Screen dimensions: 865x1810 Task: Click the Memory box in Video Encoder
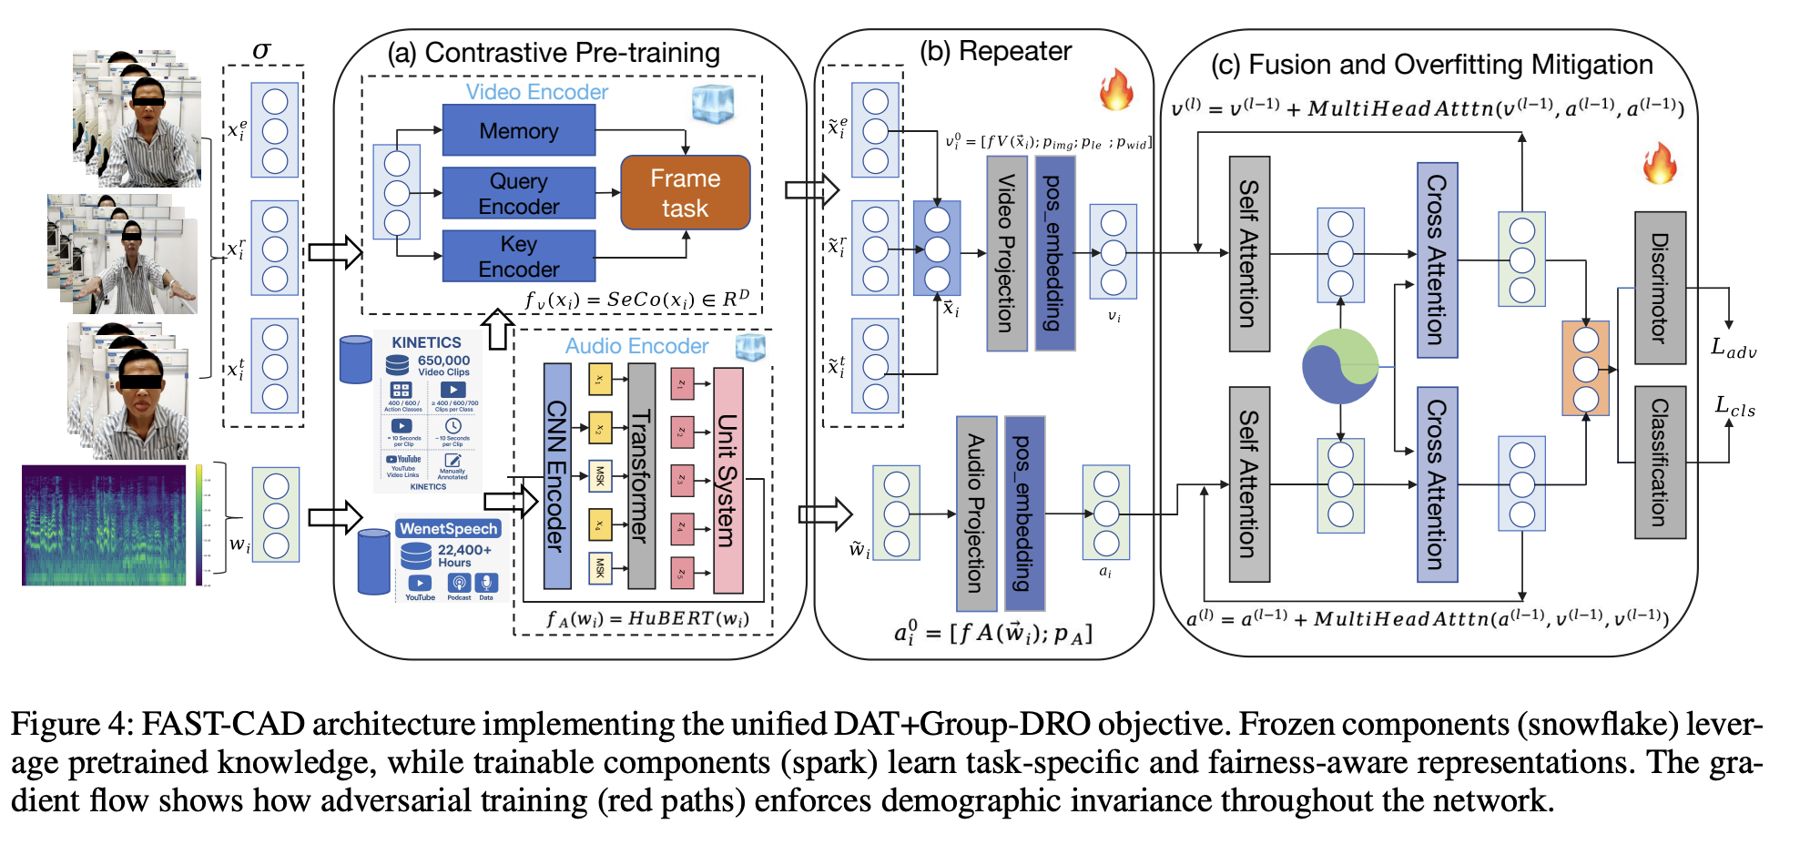point(518,130)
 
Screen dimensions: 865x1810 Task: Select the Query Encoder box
point(518,193)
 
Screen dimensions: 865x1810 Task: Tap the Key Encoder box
point(518,256)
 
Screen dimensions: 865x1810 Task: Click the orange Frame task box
point(685,193)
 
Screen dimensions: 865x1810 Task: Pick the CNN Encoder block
point(556,475)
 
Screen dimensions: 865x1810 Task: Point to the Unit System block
point(727,480)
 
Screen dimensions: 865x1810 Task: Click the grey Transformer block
point(641,475)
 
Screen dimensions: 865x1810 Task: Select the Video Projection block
point(1007,253)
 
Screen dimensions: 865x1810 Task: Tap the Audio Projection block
point(976,513)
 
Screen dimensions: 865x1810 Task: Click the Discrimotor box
point(1660,288)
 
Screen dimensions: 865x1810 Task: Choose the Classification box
point(1660,462)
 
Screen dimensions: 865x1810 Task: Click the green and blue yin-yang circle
point(1340,366)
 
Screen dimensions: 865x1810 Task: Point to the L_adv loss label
point(1734,348)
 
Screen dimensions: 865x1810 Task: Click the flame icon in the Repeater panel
point(1116,89)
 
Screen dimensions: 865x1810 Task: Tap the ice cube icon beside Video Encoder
point(712,103)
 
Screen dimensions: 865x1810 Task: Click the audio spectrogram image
point(104,524)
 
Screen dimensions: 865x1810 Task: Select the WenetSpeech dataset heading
point(448,528)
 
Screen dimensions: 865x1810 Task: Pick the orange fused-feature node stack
point(1585,369)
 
